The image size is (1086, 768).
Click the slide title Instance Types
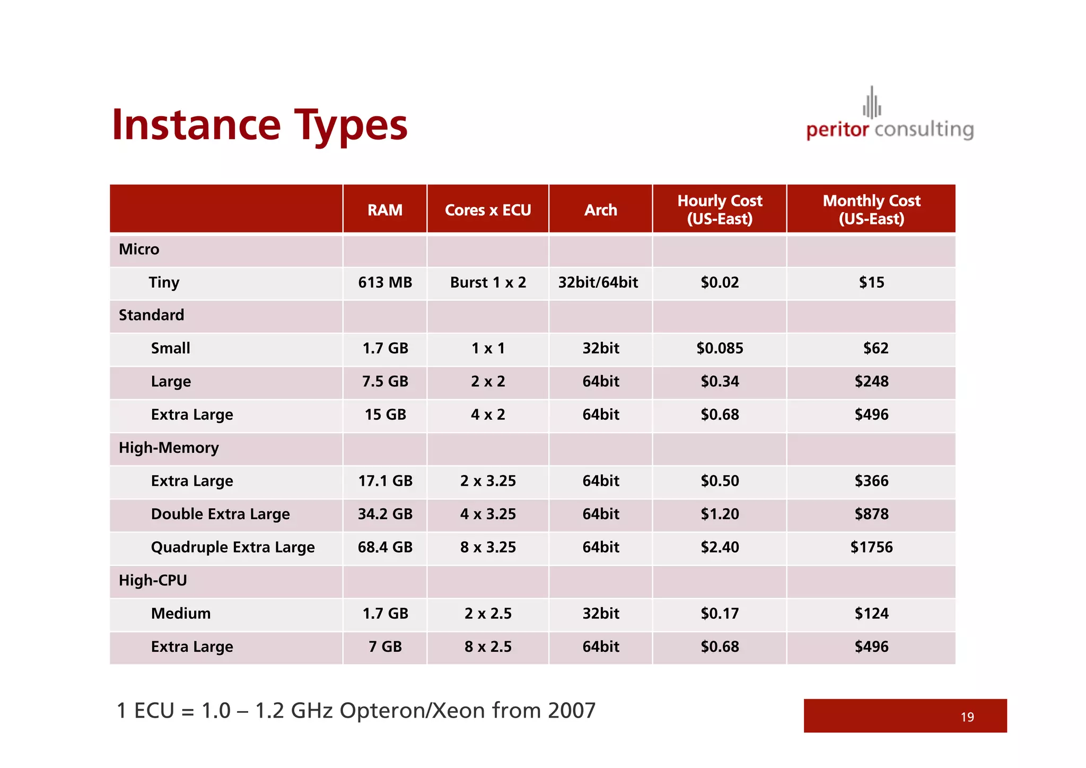click(259, 125)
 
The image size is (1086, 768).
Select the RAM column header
click(385, 210)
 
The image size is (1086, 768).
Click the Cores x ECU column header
click(488, 210)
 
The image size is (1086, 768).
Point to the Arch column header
click(601, 210)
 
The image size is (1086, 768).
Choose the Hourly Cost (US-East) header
click(720, 210)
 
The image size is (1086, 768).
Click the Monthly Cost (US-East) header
click(871, 210)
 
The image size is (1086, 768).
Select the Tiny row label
click(164, 282)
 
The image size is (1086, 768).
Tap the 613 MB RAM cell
click(385, 282)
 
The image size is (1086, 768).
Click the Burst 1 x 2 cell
click(488, 282)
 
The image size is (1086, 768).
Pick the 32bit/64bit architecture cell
click(598, 282)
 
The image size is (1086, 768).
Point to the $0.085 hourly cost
click(720, 348)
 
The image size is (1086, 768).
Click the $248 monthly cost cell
click(871, 381)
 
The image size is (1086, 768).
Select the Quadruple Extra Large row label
click(233, 547)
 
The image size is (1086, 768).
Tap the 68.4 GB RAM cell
click(385, 547)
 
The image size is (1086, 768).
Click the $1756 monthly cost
click(871, 547)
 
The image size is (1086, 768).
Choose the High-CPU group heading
click(153, 580)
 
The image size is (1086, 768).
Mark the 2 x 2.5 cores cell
click(488, 614)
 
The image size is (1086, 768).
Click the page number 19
click(967, 717)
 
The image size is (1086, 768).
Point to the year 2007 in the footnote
click(572, 710)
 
